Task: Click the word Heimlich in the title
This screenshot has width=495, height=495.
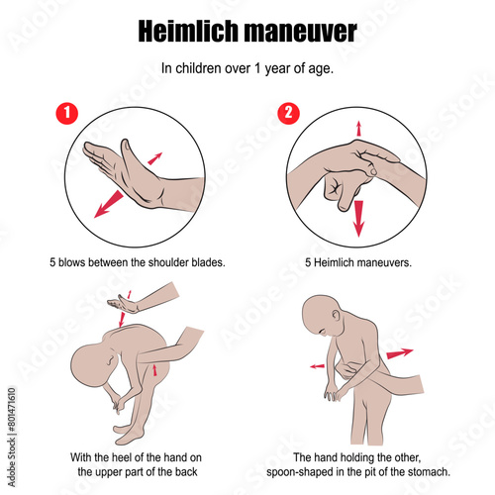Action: click(x=188, y=31)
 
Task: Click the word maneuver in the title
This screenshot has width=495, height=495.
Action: click(x=300, y=33)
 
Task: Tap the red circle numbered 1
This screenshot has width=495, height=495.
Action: click(x=67, y=113)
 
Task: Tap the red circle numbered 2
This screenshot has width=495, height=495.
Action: click(x=288, y=113)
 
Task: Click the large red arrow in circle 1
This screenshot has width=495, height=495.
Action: click(x=109, y=204)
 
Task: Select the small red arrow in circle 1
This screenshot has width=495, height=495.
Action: click(x=154, y=158)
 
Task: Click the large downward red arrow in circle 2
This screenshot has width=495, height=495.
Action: click(x=358, y=219)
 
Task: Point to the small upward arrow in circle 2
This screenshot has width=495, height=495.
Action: click(x=358, y=129)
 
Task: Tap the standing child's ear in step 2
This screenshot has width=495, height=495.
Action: click(x=336, y=315)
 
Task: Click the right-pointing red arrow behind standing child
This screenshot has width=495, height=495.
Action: click(x=400, y=353)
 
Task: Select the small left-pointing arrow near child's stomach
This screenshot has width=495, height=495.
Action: click(x=317, y=366)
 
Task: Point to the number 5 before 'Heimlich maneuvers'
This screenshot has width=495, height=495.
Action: click(x=308, y=262)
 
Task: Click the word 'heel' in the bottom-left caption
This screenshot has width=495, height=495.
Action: click(x=119, y=457)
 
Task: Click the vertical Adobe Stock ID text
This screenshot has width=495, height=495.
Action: click(x=12, y=438)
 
